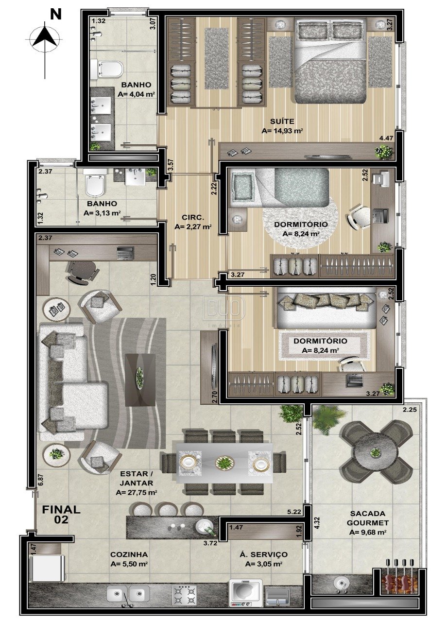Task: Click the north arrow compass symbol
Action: click(x=44, y=39)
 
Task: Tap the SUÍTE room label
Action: click(x=282, y=121)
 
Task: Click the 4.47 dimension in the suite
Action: click(x=387, y=138)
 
